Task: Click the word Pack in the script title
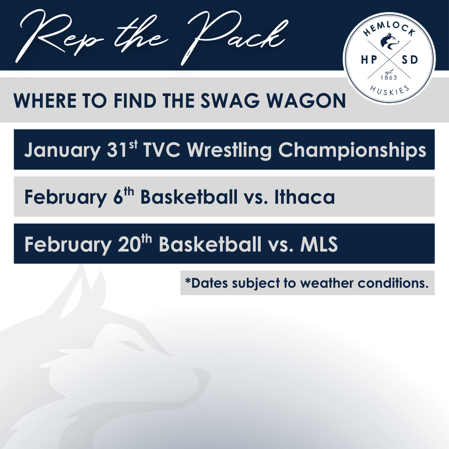pyautogui.click(x=235, y=37)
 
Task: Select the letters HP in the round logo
pyautogui.click(x=369, y=60)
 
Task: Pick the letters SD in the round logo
pyautogui.click(x=410, y=60)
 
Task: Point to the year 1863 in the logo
pyautogui.click(x=389, y=78)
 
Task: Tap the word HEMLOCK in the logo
pyautogui.click(x=389, y=29)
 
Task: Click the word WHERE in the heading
pyautogui.click(x=45, y=100)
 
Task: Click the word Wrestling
pyautogui.click(x=229, y=150)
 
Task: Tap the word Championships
pyautogui.click(x=352, y=150)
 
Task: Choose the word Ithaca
pyautogui.click(x=304, y=197)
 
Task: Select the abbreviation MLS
pyautogui.click(x=319, y=244)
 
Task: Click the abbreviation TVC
pyautogui.click(x=161, y=150)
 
